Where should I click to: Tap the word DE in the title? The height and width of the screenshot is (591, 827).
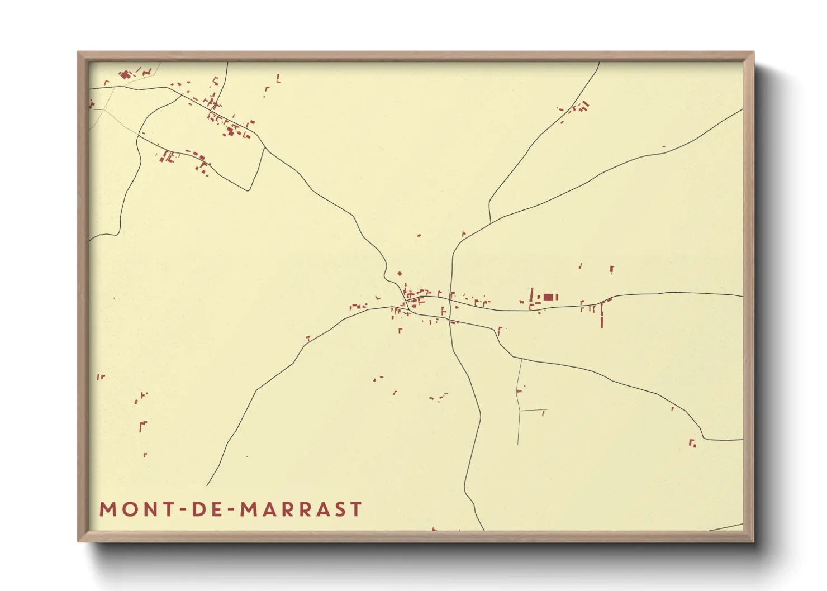tap(207, 509)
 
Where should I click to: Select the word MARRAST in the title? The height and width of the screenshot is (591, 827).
tap(301, 509)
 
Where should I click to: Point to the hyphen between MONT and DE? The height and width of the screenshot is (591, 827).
tap(180, 509)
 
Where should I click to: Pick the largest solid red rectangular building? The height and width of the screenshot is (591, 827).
tap(548, 297)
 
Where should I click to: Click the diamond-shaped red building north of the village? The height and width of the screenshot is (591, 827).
tap(399, 274)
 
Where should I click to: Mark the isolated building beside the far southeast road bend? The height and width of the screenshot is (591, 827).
tap(692, 443)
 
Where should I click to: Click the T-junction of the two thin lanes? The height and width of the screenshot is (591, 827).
tap(519, 411)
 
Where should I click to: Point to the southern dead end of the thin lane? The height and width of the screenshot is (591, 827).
tap(518, 445)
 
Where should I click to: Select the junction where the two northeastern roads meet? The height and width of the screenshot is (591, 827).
tap(490, 223)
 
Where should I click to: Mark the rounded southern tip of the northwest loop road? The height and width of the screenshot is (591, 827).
tap(249, 190)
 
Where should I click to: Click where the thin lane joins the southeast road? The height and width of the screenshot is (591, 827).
tap(521, 359)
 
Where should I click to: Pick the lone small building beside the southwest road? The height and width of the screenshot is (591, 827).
tap(307, 338)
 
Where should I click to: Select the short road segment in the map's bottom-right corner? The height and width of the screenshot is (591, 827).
tap(725, 527)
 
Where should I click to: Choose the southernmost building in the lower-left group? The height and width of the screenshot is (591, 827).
tap(145, 455)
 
